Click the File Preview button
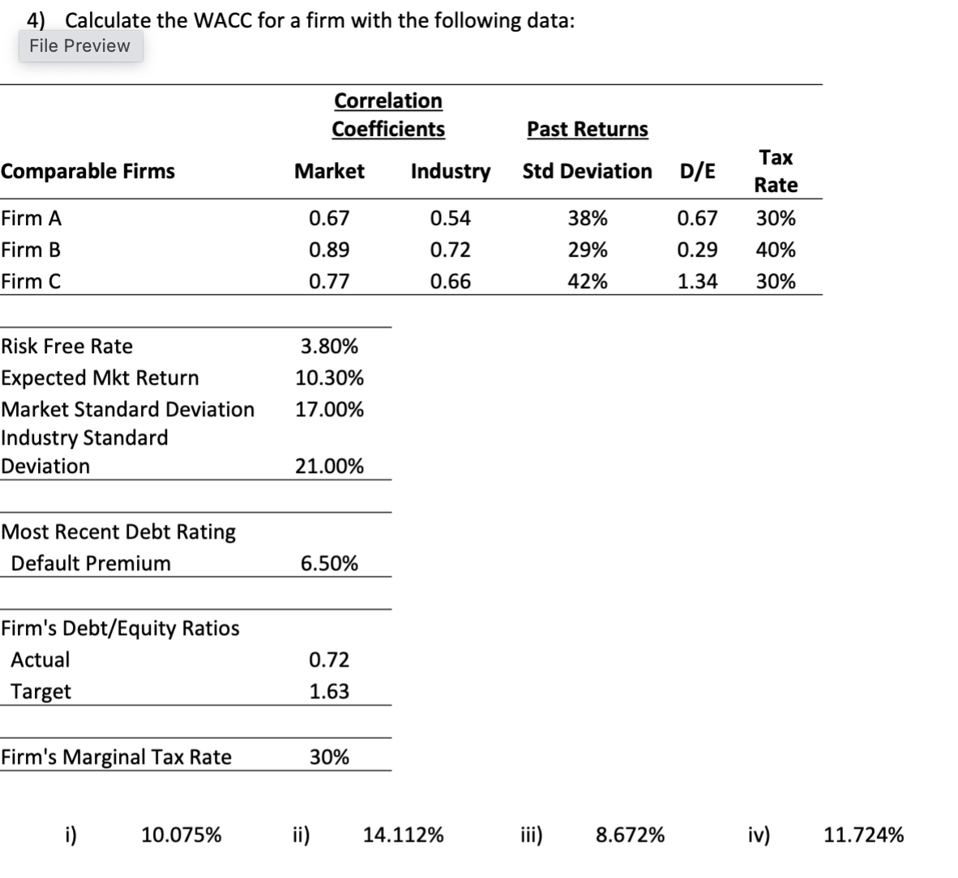(79, 45)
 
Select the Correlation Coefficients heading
(388, 114)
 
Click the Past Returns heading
(588, 129)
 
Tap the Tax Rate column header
(776, 171)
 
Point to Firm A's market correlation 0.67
(329, 218)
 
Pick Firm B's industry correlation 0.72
(450, 249)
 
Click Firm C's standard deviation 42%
(588, 281)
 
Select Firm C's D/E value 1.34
(697, 281)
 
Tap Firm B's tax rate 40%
(776, 249)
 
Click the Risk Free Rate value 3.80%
(329, 346)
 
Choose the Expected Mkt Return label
(100, 377)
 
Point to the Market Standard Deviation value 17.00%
(329, 409)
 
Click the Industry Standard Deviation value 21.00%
(329, 466)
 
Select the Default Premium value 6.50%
(329, 563)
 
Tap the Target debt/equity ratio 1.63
(329, 691)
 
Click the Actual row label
(40, 659)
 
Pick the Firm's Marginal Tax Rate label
(116, 757)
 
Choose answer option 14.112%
(403, 834)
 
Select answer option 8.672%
(630, 834)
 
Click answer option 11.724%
(863, 834)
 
